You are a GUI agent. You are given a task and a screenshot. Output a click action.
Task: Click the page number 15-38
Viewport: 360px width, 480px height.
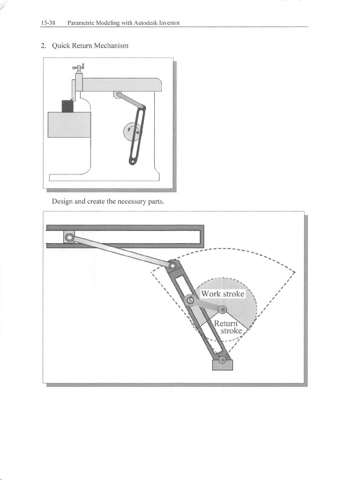click(x=48, y=23)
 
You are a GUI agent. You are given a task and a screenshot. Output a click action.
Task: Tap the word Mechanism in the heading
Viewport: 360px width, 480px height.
click(x=111, y=46)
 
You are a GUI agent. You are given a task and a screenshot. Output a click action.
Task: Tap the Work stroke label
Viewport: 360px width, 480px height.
click(x=223, y=294)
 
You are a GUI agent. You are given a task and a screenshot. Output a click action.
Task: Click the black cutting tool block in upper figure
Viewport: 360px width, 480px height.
click(x=67, y=106)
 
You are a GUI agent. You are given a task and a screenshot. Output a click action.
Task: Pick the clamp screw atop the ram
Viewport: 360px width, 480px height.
click(x=79, y=67)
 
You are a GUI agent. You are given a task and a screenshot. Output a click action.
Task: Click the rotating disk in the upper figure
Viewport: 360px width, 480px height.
click(x=131, y=131)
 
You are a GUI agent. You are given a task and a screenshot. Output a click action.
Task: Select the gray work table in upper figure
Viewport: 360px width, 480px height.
click(x=69, y=124)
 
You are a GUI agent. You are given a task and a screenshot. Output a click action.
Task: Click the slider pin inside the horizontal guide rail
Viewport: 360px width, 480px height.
click(x=69, y=238)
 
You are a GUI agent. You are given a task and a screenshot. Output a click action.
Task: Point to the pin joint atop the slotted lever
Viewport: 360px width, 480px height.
click(x=173, y=266)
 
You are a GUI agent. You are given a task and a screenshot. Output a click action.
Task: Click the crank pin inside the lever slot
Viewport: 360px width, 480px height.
click(x=190, y=300)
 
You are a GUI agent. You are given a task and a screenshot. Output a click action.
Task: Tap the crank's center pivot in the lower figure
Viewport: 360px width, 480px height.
click(x=223, y=309)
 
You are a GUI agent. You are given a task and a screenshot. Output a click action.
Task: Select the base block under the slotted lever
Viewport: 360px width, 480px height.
click(x=222, y=364)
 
